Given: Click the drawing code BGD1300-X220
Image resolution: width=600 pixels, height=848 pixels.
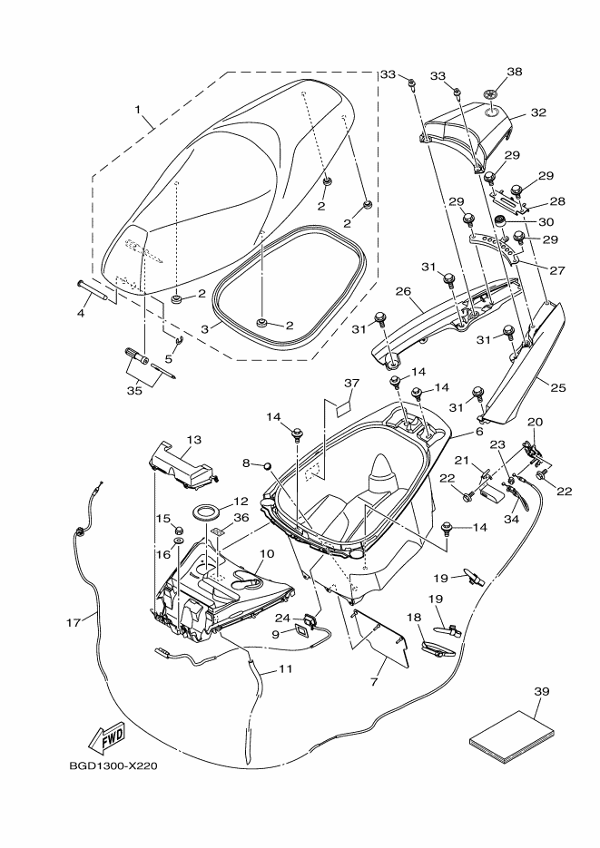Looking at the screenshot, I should point(113,765).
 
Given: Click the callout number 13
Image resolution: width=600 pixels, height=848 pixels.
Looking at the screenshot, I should point(193,440).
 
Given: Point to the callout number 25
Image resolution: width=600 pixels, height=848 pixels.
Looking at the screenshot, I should point(557,387).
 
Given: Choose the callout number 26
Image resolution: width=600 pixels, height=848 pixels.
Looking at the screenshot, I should point(404,292).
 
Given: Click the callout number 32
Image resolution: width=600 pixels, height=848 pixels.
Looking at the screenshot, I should point(538,113).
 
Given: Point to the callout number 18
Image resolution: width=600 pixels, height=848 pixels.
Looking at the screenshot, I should point(415,617).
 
